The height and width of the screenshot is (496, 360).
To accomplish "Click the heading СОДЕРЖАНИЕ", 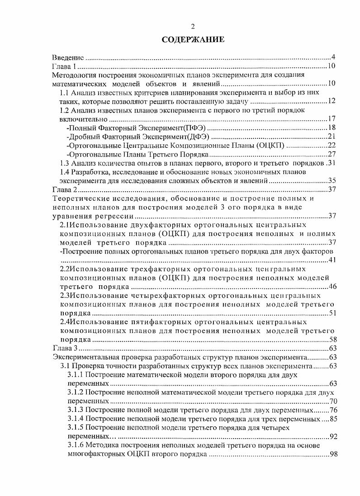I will pos(193,41).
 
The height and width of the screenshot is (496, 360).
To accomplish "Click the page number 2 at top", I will pos(192,27).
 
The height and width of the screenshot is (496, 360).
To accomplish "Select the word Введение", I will pos(68,58).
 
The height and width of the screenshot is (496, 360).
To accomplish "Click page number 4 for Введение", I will pos(333,58).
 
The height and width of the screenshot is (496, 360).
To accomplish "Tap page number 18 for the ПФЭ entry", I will pos(331,128).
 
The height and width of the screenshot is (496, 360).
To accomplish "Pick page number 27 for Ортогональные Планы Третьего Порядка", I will pos(331,154).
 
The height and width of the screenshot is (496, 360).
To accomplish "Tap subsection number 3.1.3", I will pos(76,410).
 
